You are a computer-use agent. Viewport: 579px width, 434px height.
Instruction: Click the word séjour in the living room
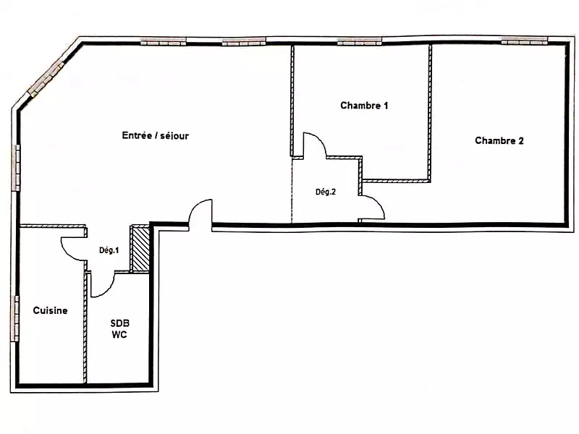point(174,136)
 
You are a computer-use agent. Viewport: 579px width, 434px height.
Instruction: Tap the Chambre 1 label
point(364,106)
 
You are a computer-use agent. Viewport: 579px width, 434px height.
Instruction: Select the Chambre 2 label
point(499,140)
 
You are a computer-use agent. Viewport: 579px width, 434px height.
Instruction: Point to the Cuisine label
point(50,310)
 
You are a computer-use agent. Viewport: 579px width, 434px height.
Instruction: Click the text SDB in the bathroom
point(120,323)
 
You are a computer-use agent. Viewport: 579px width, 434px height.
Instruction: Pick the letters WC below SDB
point(119,335)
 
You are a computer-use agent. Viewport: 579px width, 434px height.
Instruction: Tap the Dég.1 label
point(109,250)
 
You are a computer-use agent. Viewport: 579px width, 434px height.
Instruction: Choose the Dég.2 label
point(326,192)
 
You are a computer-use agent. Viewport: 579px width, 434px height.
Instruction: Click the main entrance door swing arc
point(195,208)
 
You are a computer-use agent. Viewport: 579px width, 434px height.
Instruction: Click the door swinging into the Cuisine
point(67,254)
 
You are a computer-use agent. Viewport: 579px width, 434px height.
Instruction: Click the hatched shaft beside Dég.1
point(140,248)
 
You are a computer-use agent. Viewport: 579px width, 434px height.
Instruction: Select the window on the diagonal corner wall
point(46,79)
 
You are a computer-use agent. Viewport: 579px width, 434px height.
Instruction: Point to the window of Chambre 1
point(360,42)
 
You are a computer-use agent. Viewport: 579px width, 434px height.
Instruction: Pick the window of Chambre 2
point(524,41)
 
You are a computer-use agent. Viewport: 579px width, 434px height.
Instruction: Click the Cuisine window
point(16,318)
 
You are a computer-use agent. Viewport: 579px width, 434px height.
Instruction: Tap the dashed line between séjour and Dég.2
point(292,191)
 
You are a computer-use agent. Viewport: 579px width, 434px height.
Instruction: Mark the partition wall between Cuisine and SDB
point(85,328)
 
